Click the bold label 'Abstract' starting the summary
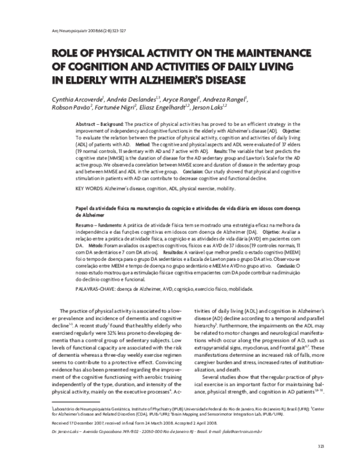[x=86, y=122]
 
